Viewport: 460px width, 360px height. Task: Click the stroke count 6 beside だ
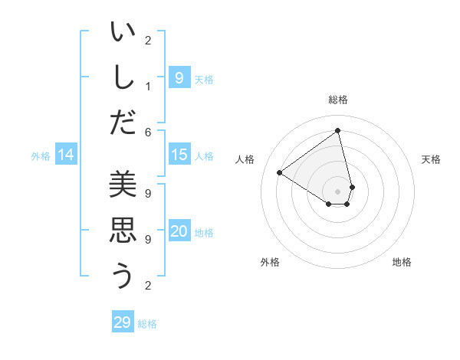tap(148, 132)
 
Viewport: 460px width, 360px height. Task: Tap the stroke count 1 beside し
tap(148, 87)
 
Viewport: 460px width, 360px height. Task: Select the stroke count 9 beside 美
tap(148, 195)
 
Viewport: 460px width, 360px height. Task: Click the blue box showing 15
tap(179, 155)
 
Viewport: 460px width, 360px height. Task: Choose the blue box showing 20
tap(179, 232)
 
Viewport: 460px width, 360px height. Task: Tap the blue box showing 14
tap(66, 155)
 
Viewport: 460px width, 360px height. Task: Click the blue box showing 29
tap(123, 322)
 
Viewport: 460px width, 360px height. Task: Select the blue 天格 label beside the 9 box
tap(204, 79)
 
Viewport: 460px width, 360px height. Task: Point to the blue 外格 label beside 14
tap(41, 156)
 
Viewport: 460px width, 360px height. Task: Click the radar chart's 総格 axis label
tap(338, 100)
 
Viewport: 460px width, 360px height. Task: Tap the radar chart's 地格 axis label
tap(402, 262)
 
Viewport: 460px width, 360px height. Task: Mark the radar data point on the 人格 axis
tap(279, 172)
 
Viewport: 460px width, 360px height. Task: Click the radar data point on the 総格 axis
tap(338, 130)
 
